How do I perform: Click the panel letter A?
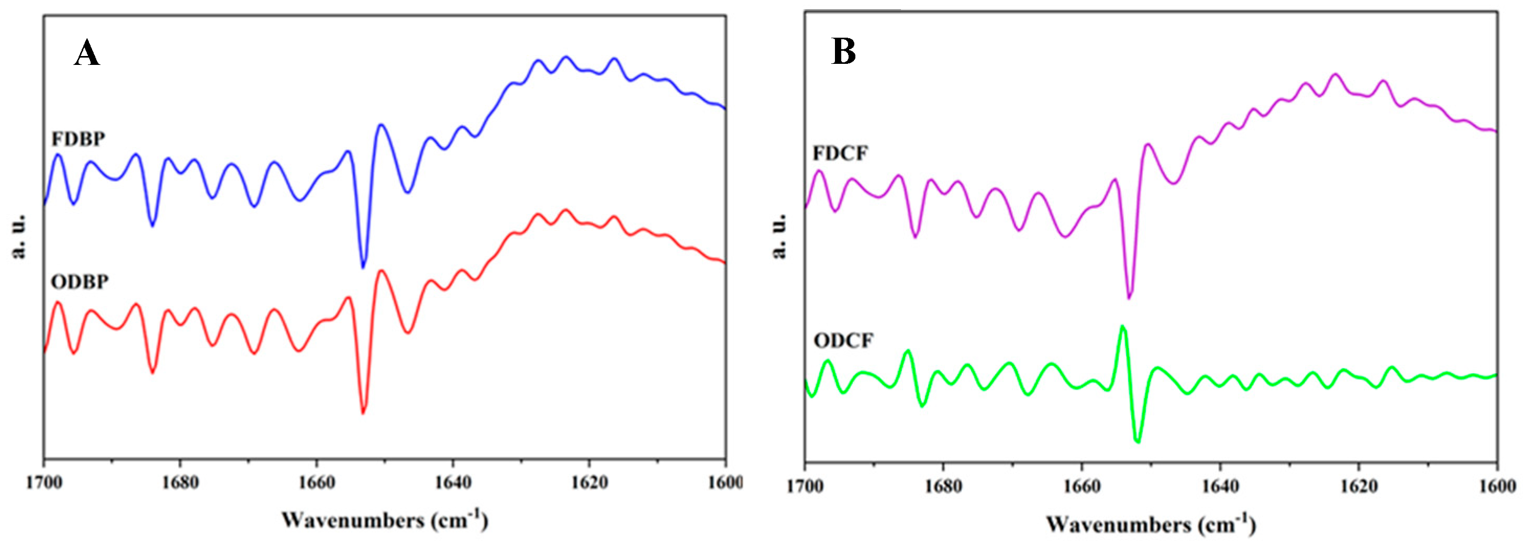point(86,54)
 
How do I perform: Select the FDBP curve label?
point(78,139)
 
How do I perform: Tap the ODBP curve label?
point(80,282)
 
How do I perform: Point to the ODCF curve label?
point(843,341)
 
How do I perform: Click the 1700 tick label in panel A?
point(44,483)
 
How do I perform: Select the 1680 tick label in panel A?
point(180,483)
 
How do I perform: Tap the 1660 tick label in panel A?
point(317,483)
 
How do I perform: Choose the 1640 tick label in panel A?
point(453,483)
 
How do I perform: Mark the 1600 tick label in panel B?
point(1497,487)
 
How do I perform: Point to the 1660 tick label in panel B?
point(1082,487)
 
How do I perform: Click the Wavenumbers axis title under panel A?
point(385,520)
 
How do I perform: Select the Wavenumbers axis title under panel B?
point(1151,524)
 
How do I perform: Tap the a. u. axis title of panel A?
point(19,236)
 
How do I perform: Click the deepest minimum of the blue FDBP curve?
point(363,266)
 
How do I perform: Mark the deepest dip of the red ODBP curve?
point(363,413)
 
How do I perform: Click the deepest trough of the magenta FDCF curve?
point(1129,297)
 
